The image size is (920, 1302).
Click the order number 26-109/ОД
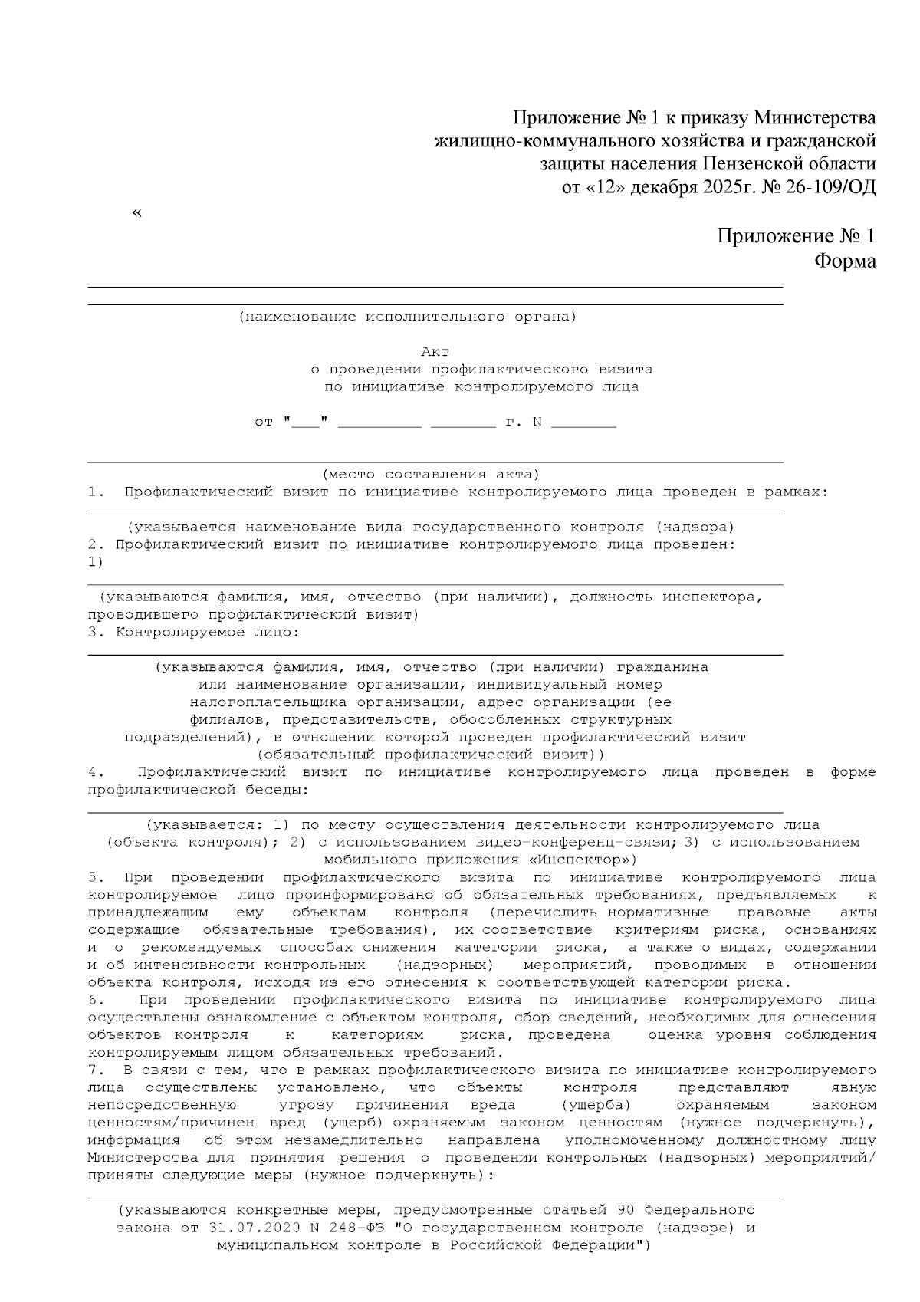[830, 187]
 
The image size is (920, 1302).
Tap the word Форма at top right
[845, 261]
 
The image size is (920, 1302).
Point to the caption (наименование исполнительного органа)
[407, 317]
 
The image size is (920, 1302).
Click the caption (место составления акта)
[431, 475]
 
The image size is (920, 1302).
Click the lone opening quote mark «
[136, 212]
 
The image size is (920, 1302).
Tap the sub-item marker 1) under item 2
[95, 562]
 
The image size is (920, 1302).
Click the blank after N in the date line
[583, 422]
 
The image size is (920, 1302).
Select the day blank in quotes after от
[305, 422]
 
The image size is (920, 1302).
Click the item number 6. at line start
[96, 1000]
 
